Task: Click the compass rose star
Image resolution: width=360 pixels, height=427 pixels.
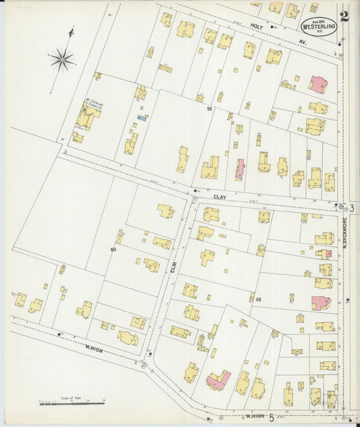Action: (x=61, y=59)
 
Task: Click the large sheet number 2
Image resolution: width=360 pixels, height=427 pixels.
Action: (x=344, y=16)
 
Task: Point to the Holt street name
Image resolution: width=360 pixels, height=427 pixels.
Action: (x=276, y=28)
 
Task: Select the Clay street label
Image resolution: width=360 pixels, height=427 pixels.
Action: (x=219, y=197)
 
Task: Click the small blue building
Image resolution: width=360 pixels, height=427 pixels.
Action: (x=142, y=118)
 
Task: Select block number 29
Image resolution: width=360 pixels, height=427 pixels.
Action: (x=209, y=109)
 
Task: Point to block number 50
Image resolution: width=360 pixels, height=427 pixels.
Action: (x=113, y=250)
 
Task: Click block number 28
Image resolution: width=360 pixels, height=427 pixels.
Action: (x=258, y=299)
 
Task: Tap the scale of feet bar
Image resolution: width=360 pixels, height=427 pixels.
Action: (x=72, y=403)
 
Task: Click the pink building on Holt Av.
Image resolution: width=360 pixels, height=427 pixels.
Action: (x=318, y=85)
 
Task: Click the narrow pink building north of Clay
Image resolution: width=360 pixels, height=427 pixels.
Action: (x=239, y=169)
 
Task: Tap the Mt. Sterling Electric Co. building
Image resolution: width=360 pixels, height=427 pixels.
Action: (x=86, y=116)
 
